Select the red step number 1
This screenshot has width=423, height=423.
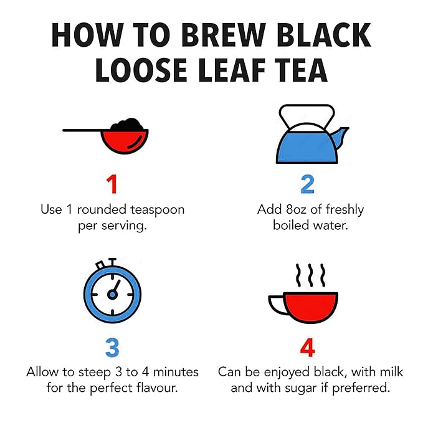112,184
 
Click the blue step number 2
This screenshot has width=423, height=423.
308,184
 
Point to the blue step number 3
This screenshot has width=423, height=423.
112,348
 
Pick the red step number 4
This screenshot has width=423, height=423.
308,348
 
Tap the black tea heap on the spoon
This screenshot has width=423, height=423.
128,125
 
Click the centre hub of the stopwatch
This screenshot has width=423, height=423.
112,294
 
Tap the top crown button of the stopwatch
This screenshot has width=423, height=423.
112,262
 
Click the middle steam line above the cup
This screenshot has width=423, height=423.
310,275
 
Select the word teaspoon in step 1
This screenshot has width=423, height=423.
158,210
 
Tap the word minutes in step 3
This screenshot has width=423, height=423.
176,373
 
